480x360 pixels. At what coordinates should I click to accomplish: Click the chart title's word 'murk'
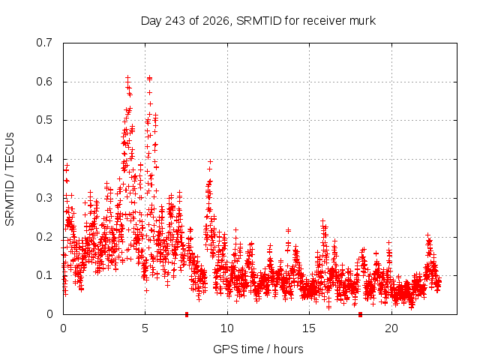pos(363,21)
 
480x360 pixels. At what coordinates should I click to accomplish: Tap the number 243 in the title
pos(175,21)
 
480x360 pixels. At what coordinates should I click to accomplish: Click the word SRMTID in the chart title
pos(259,21)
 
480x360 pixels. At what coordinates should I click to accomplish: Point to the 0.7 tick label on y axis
pos(44,43)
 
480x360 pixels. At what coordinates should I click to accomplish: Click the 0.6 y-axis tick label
pos(44,82)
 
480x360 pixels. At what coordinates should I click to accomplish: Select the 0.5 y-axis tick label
pos(44,120)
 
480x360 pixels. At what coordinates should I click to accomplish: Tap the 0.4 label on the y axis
pos(44,159)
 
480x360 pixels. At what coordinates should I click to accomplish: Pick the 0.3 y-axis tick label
pos(44,198)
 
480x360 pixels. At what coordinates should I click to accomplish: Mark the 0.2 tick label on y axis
pos(44,237)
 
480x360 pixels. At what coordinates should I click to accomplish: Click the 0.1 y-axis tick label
pos(44,275)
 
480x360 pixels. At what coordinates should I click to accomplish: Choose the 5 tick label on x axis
pos(145,328)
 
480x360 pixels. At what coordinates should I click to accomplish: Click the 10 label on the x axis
pos(227,328)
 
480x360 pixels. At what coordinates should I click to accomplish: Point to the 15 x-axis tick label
pos(309,328)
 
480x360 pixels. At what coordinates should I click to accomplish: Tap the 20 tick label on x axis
pos(391,328)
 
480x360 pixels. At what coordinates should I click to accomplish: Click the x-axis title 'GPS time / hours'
pos(258,349)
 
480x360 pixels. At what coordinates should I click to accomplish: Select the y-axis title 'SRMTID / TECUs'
pos(10,179)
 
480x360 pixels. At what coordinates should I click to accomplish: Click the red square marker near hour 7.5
pos(187,315)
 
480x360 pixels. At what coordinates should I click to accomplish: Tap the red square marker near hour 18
pos(360,315)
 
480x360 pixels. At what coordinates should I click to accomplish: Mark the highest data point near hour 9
pos(210,162)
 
